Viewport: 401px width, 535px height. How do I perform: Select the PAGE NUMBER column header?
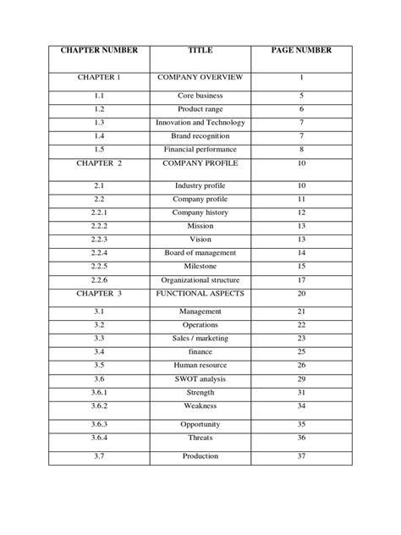click(301, 50)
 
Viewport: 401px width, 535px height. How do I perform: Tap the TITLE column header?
click(200, 50)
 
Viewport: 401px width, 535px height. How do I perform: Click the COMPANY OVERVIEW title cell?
click(200, 78)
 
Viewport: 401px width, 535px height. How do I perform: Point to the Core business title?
click(200, 97)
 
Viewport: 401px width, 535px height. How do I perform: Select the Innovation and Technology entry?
click(200, 123)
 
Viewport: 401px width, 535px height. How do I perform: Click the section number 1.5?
click(99, 149)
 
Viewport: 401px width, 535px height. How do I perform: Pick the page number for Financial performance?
click(301, 149)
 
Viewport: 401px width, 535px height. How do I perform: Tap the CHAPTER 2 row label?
click(99, 163)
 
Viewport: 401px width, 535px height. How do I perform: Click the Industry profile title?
click(200, 185)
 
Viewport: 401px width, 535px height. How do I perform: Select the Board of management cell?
click(200, 253)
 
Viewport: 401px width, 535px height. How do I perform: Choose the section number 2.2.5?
click(99, 266)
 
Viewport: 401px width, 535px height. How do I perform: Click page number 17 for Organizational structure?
click(301, 279)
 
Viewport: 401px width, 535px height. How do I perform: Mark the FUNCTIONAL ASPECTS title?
click(200, 293)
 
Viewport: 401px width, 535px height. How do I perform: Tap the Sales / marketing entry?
click(200, 339)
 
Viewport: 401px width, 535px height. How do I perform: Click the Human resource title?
click(200, 366)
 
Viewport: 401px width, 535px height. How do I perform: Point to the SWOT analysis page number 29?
click(301, 378)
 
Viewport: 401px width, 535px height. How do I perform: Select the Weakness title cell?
click(200, 405)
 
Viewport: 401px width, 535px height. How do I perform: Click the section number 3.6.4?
click(99, 438)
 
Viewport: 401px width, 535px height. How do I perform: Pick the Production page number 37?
click(301, 457)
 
